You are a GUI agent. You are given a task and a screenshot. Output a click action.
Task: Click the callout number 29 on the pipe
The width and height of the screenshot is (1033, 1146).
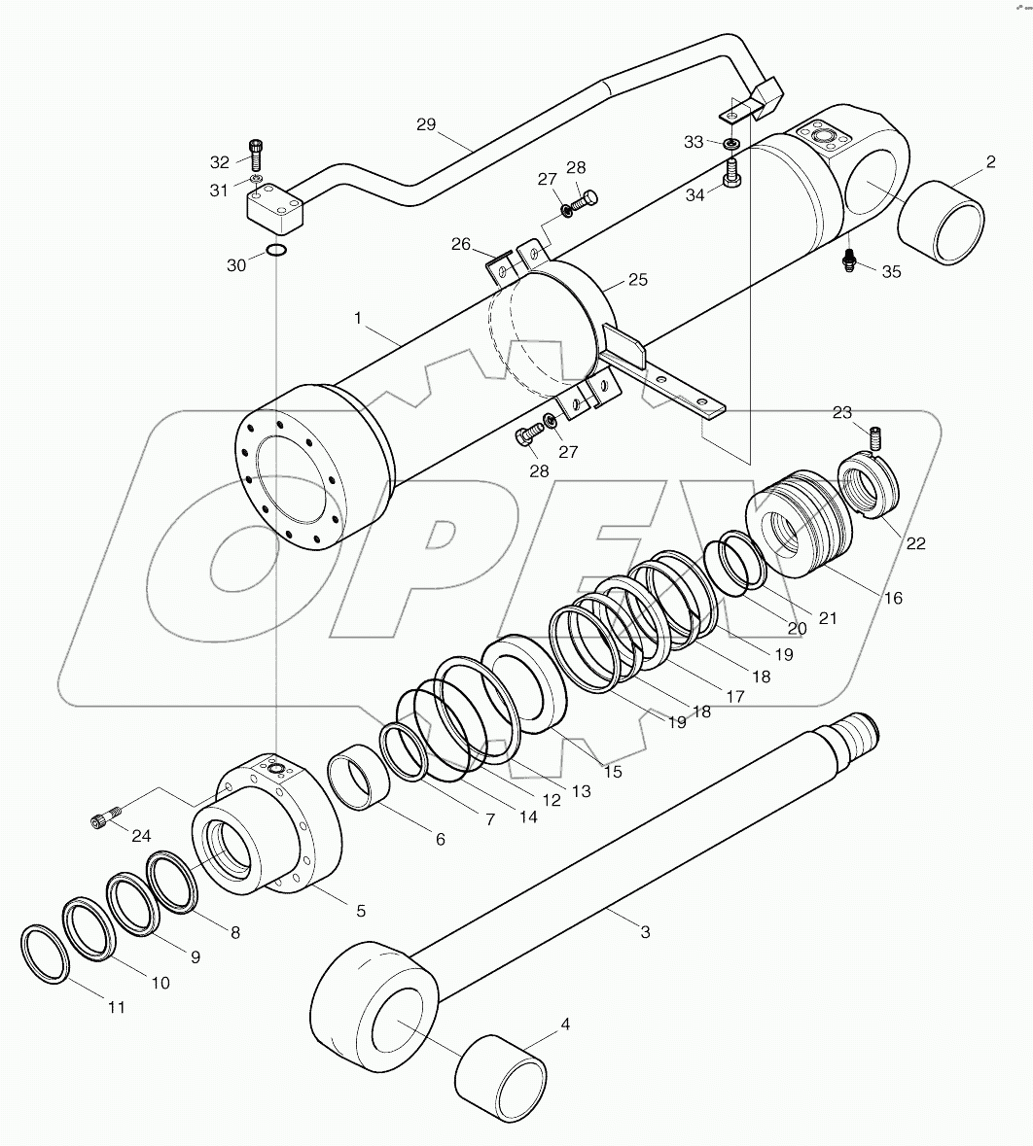[x=426, y=124]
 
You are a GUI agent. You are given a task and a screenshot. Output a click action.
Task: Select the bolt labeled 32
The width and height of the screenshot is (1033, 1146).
[x=256, y=155]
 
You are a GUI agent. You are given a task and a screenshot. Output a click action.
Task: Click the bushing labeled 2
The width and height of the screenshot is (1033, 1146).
[x=940, y=223]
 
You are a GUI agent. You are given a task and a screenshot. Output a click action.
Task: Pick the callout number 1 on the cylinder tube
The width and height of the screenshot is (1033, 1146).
[x=358, y=318]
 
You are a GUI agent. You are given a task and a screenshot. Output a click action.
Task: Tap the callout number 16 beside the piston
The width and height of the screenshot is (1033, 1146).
[x=892, y=598]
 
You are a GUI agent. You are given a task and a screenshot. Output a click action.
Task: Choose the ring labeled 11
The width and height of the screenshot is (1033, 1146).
[x=44, y=955]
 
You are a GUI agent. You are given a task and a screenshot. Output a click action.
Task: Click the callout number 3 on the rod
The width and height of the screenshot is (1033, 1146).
[x=644, y=932]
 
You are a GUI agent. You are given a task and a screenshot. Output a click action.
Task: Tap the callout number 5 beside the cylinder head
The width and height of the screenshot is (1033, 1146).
[x=360, y=911]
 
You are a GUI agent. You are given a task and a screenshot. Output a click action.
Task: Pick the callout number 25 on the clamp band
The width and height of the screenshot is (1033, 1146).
[x=637, y=279]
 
